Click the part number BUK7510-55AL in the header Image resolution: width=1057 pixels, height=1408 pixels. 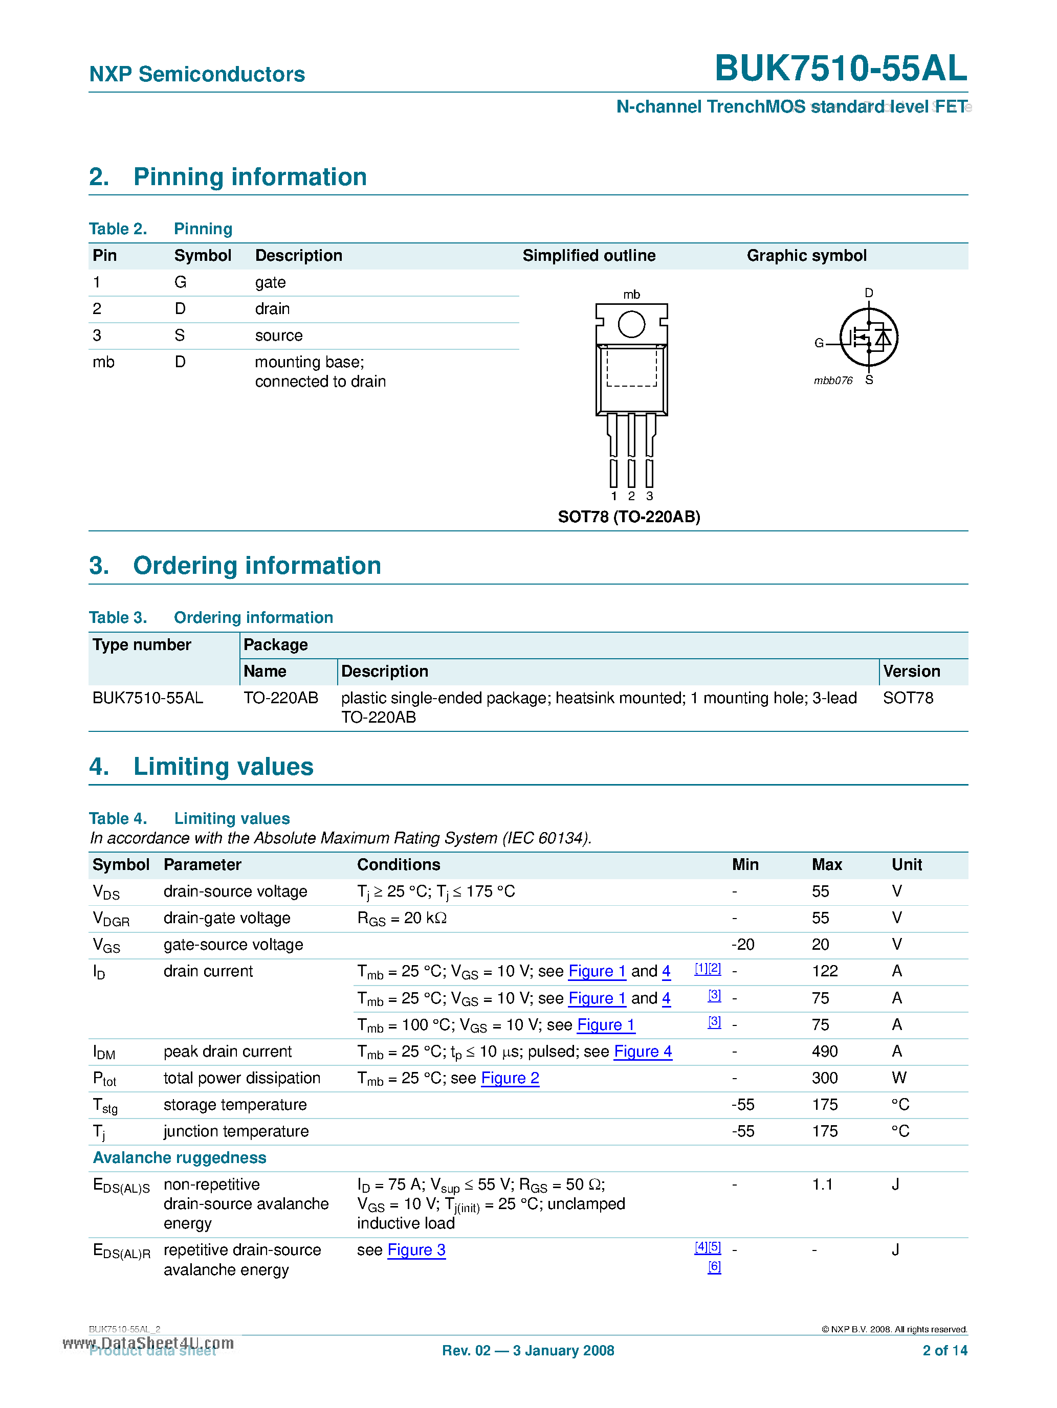pos(840,68)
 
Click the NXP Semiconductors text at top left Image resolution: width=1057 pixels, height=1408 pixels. pos(197,75)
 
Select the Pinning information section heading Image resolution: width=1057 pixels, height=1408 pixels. pos(250,177)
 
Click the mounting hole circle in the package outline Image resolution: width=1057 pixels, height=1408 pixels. pos(631,324)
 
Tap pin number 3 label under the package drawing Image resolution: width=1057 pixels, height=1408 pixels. pos(649,496)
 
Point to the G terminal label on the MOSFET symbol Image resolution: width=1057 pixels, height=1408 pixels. pos(819,343)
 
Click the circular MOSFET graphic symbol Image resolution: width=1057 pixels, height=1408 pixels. pos(869,338)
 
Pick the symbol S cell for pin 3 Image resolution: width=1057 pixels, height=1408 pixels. pos(180,336)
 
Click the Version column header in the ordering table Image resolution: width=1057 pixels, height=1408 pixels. pos(911,671)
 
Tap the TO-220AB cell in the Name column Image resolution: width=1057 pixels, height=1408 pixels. pos(281,698)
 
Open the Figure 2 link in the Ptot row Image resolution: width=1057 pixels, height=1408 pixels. pos(510,1078)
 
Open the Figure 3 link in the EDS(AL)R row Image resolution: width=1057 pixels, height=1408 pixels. pos(416,1249)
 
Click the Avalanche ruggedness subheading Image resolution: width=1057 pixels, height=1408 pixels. pos(180,1157)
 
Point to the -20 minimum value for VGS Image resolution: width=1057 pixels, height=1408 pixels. pos(742,944)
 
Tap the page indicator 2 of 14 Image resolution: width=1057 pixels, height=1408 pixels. pos(944,1350)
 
